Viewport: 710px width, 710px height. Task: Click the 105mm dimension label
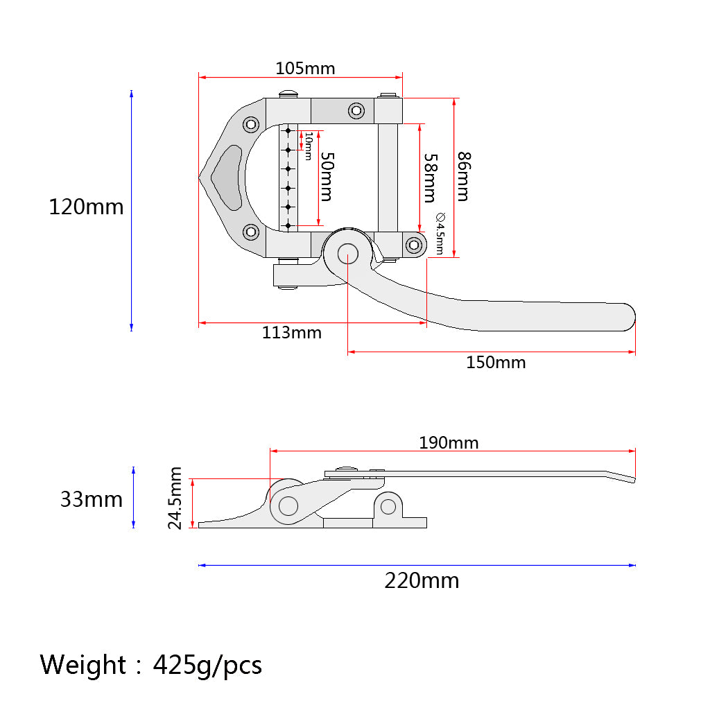(305, 69)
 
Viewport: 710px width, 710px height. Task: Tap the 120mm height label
(86, 207)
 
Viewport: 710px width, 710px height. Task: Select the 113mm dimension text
(292, 333)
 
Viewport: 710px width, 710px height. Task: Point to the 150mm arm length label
(496, 363)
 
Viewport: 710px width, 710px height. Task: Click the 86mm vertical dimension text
(464, 177)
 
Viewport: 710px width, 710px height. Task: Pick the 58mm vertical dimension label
(431, 178)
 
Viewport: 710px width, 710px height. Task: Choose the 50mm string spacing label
(327, 177)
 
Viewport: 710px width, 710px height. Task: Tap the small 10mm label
(309, 146)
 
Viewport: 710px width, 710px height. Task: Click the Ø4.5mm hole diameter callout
(440, 233)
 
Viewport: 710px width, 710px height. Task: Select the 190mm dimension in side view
(449, 442)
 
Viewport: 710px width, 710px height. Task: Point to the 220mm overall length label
(422, 580)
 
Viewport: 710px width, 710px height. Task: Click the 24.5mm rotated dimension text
(175, 498)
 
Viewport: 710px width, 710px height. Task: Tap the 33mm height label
(92, 499)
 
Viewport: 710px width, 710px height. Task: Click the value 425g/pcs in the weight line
(207, 666)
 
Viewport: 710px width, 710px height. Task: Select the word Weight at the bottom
(83, 665)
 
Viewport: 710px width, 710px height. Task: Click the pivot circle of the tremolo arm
(348, 254)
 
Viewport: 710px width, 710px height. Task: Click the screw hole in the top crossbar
(356, 110)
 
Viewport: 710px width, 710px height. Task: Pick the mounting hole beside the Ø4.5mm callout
(414, 245)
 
